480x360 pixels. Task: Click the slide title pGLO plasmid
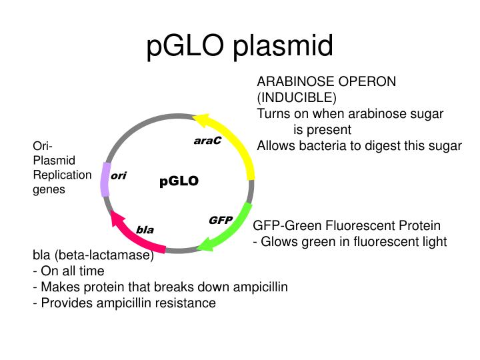(x=239, y=47)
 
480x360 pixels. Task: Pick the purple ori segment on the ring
(x=105, y=179)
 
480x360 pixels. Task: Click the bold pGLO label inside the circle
(x=179, y=181)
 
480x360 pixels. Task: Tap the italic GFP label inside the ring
(x=220, y=220)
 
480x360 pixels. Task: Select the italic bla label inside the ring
(x=145, y=229)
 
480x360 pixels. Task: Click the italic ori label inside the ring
(x=119, y=176)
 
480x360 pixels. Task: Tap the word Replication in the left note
(x=62, y=175)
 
